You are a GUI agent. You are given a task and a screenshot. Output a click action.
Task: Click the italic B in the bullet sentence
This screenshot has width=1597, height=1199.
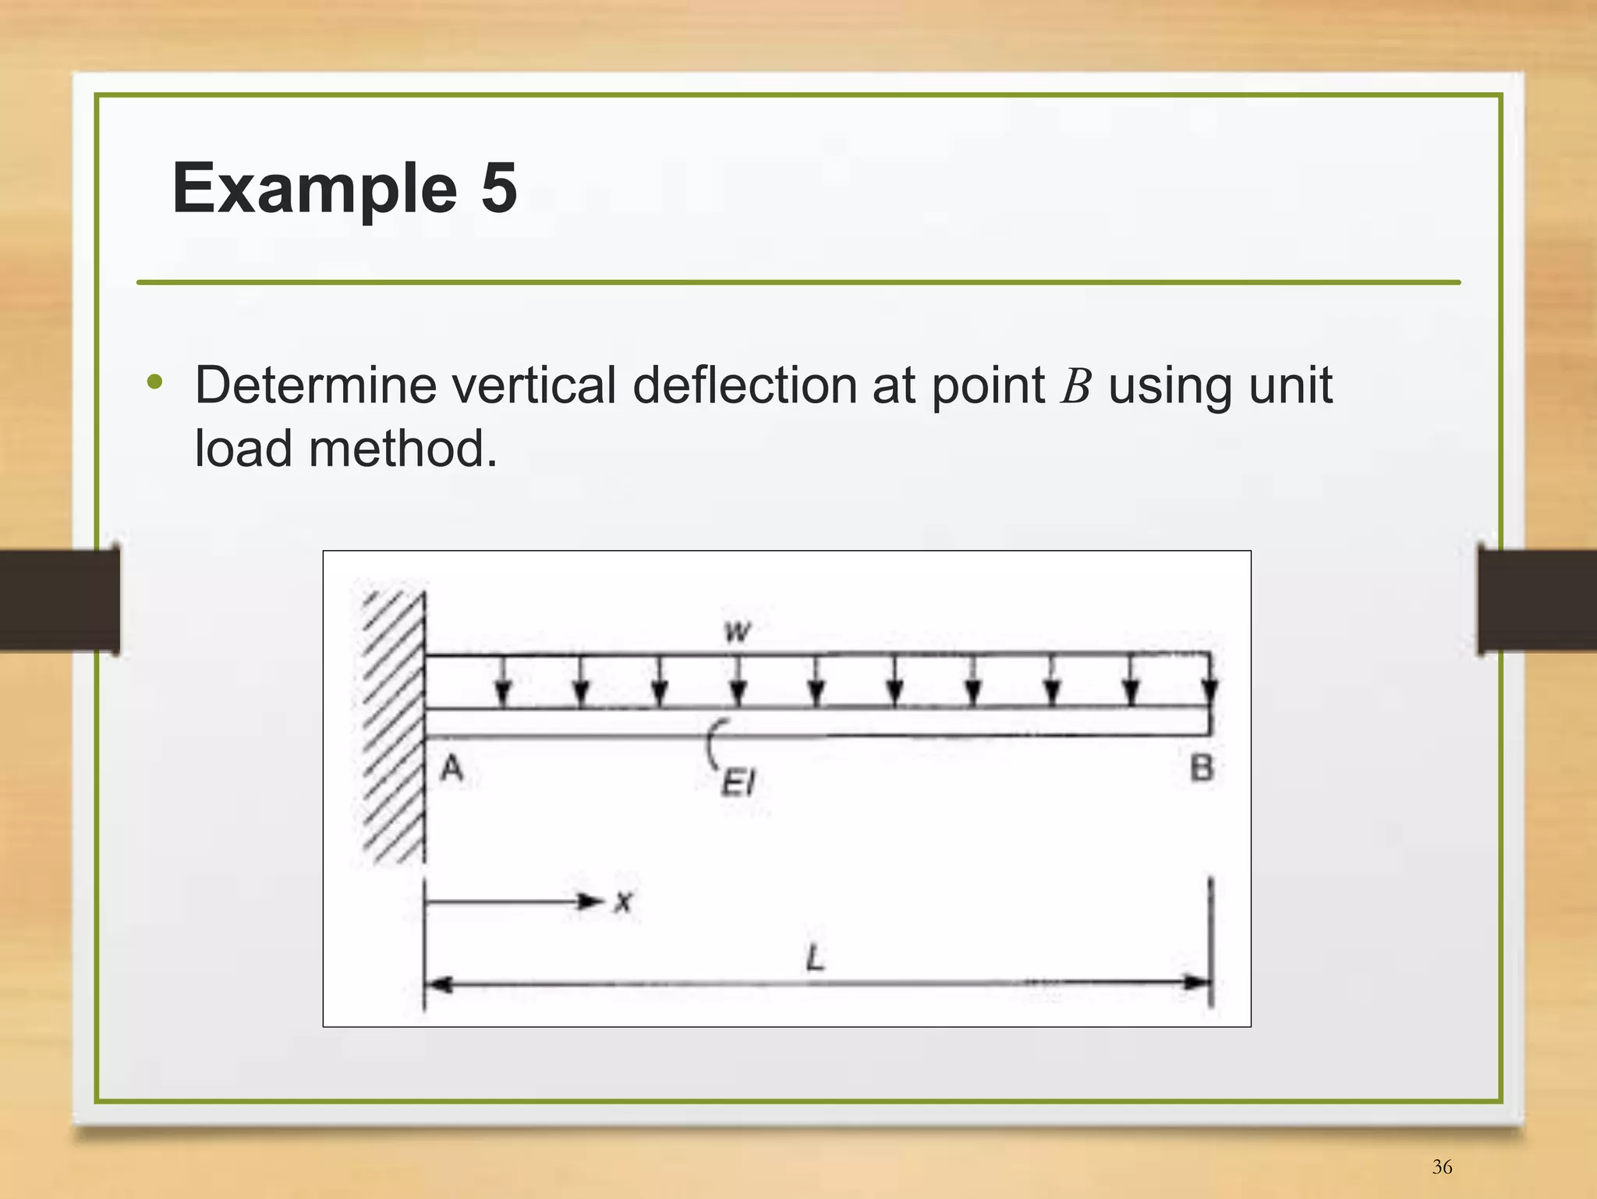coord(1075,386)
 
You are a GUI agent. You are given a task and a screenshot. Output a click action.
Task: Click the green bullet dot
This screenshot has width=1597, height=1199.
coord(155,382)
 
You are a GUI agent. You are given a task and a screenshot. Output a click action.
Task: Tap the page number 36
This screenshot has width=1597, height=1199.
coord(1442,1167)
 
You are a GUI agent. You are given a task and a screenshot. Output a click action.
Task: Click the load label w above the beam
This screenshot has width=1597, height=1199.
coord(737,630)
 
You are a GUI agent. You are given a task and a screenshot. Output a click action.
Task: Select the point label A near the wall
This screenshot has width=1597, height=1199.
coord(452,770)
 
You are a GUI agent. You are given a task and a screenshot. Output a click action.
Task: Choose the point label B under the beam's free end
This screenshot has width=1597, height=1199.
coord(1202,769)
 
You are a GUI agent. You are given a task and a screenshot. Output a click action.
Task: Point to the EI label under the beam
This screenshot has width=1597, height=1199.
coord(738,782)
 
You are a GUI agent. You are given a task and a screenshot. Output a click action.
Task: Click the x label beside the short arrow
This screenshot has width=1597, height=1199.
coord(623,903)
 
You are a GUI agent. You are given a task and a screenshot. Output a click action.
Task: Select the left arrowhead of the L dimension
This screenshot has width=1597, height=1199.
coord(439,984)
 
